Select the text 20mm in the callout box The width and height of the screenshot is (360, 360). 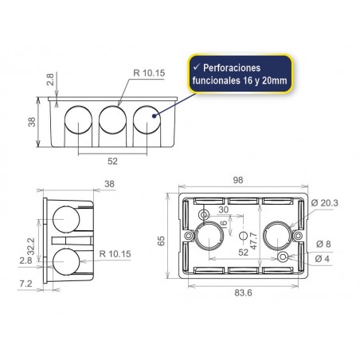(x=272, y=82)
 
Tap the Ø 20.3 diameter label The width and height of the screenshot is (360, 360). (x=328, y=203)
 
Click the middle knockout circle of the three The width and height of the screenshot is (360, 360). (x=113, y=120)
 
